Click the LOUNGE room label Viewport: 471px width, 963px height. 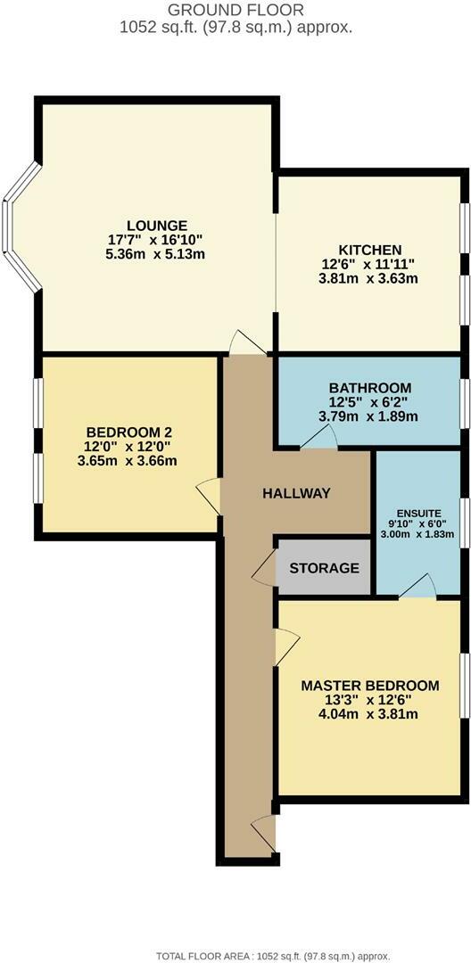click(x=156, y=226)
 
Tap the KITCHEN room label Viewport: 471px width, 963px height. click(x=369, y=249)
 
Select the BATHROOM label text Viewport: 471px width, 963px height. click(x=369, y=387)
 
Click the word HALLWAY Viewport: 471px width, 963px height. click(x=297, y=493)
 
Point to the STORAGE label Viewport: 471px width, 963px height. click(x=324, y=567)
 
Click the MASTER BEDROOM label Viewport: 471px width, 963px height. click(x=357, y=685)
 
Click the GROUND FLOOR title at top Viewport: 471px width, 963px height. click(x=235, y=11)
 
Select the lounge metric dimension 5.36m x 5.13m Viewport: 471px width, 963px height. click(x=156, y=255)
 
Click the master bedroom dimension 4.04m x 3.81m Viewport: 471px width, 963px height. click(x=357, y=714)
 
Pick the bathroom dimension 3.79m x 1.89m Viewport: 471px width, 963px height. click(x=369, y=416)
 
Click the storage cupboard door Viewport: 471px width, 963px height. click(x=265, y=568)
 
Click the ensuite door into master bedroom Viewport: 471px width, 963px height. click(x=417, y=585)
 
